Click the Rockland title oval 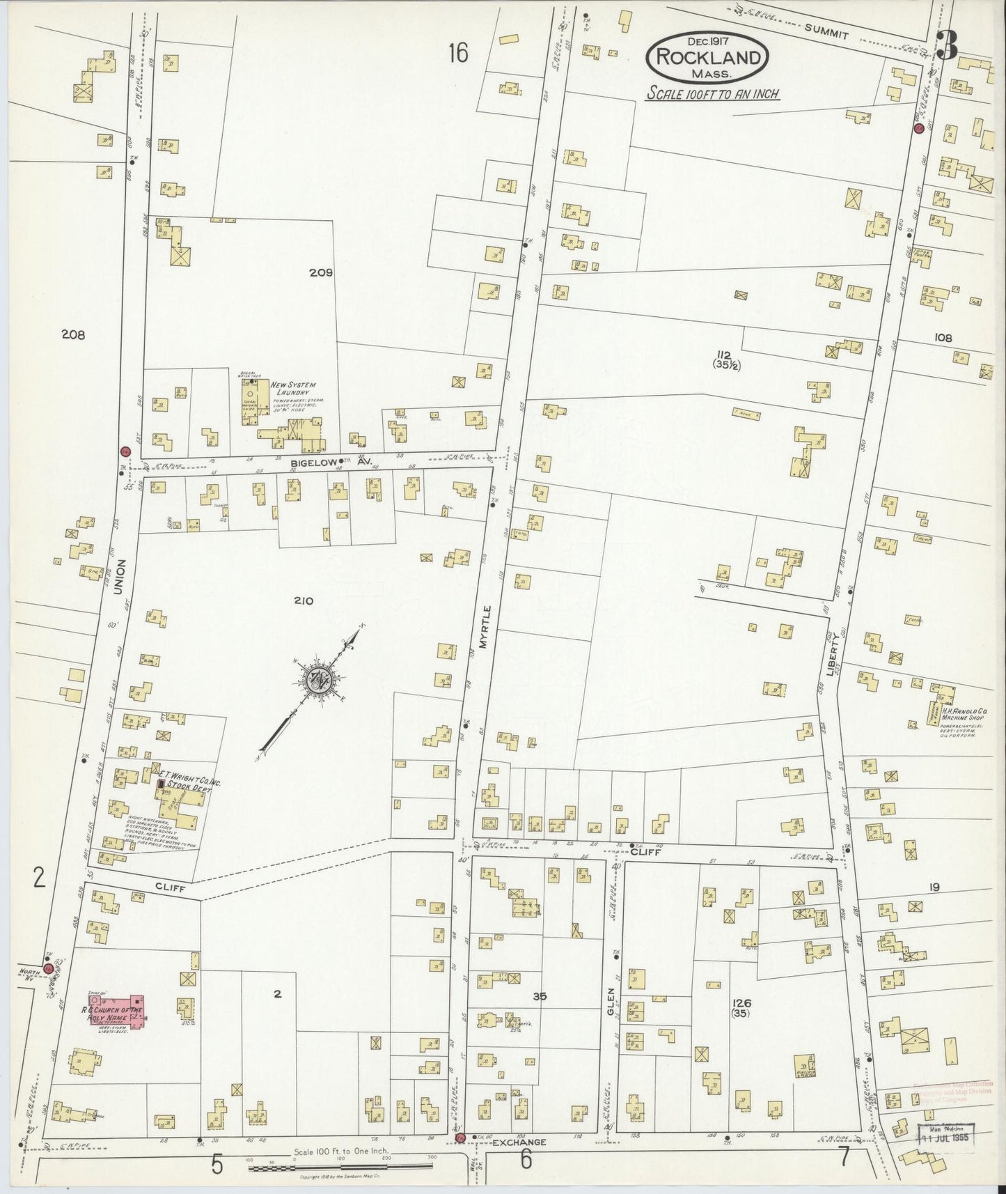click(x=707, y=59)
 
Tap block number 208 click(x=72, y=334)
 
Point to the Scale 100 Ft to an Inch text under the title click(x=712, y=93)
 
